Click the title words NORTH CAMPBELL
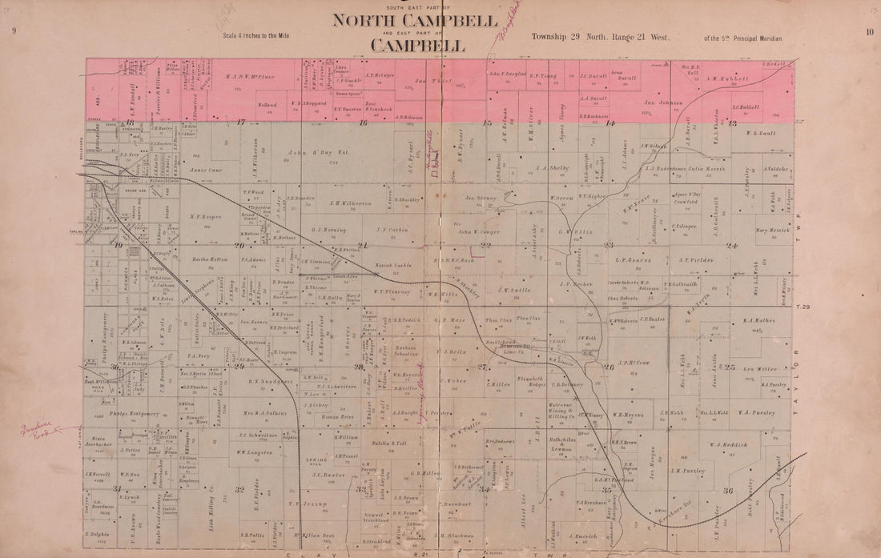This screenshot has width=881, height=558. click(414, 19)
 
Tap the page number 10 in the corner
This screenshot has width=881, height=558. click(869, 32)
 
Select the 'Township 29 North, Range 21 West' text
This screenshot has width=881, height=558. click(600, 37)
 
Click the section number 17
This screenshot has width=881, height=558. click(239, 122)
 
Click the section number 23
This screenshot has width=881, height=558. click(609, 245)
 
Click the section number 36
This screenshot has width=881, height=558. click(728, 491)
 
